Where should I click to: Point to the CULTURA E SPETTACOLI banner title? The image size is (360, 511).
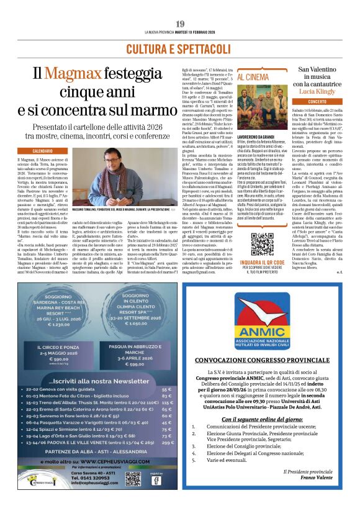(179, 48)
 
